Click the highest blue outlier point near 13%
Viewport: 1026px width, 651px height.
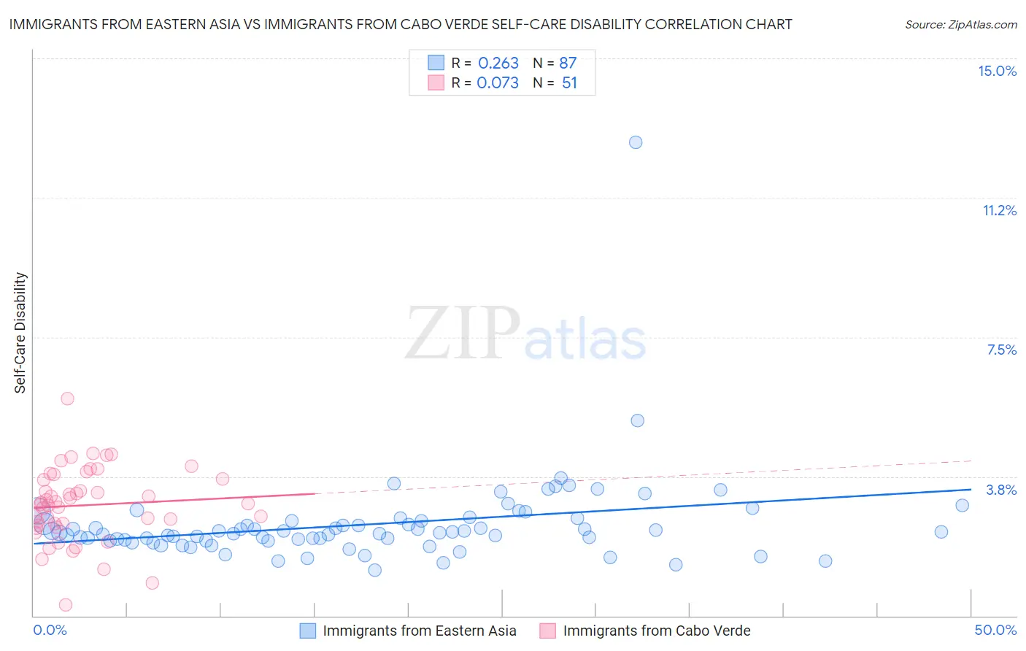pos(636,142)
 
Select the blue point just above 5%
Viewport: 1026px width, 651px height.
pos(637,420)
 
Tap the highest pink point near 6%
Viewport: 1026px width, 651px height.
pos(67,398)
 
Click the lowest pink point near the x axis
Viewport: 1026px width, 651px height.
pos(65,604)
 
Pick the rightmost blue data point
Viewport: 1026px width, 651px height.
pos(962,505)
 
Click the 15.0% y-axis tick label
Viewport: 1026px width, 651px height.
pos(997,71)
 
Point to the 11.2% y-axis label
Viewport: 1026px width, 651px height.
pos(999,210)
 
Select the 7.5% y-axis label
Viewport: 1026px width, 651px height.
pos(1001,350)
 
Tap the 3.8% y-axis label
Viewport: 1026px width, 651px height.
pos(1001,490)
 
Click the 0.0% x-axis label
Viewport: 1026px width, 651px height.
pos(50,630)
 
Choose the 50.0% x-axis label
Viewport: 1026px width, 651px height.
pos(995,630)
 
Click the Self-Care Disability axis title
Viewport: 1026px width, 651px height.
pos(20,333)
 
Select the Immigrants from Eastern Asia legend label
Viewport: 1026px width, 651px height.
pos(420,631)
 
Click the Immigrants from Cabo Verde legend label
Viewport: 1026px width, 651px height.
pos(657,631)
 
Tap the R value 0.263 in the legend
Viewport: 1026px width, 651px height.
pos(498,63)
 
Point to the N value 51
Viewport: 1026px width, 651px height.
pos(569,83)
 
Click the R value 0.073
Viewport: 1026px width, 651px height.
pos(498,83)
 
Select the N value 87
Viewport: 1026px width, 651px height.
pos(568,63)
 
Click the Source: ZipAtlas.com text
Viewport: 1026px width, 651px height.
pos(960,25)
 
